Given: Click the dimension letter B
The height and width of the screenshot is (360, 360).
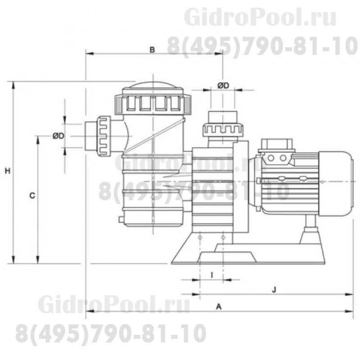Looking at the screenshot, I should click(x=152, y=50).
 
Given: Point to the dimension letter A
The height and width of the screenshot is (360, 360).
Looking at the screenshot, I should click(x=219, y=306).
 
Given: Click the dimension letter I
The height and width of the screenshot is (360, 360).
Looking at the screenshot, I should click(x=211, y=274).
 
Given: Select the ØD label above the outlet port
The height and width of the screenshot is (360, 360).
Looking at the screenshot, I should click(x=223, y=85).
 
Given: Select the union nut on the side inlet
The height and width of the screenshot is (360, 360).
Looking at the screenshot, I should click(x=103, y=135).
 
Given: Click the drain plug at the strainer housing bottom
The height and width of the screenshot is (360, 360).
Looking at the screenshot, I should click(x=120, y=220).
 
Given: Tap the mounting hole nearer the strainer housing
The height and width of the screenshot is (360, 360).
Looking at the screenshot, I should click(x=199, y=236).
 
